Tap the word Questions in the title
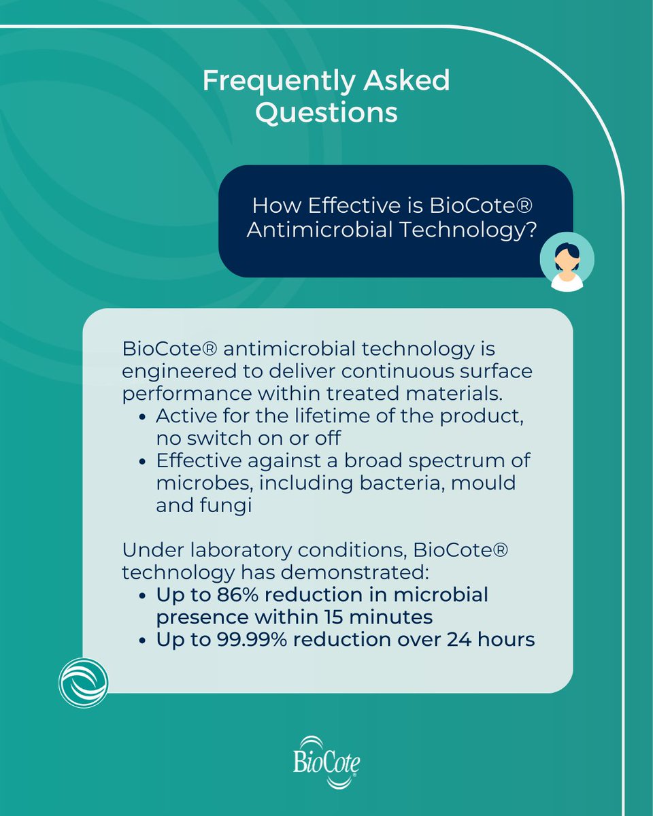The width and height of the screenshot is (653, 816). (326, 112)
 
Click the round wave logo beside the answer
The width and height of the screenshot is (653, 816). (83, 682)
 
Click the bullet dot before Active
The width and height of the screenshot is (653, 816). (142, 416)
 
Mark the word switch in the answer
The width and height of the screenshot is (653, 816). (210, 438)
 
